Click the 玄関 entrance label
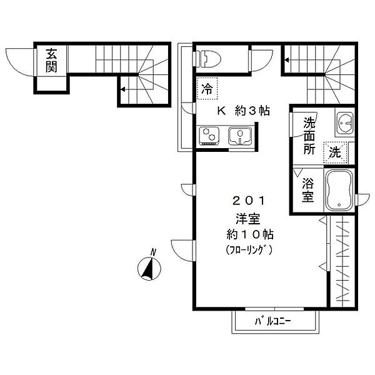[51, 60]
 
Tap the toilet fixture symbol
[208, 58]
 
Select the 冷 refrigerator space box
[207, 88]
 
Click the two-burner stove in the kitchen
[209, 136]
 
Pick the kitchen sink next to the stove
[240, 136]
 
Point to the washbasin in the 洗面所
[344, 123]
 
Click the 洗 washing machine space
[335, 152]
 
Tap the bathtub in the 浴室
[339, 190]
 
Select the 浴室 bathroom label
[307, 190]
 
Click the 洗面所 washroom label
[309, 136]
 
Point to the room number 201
[249, 201]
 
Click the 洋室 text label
[248, 218]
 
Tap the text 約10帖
[249, 234]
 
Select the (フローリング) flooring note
[249, 250]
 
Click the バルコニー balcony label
[272, 321]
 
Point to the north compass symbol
[149, 267]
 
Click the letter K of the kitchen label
[221, 111]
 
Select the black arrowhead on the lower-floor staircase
[122, 89]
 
